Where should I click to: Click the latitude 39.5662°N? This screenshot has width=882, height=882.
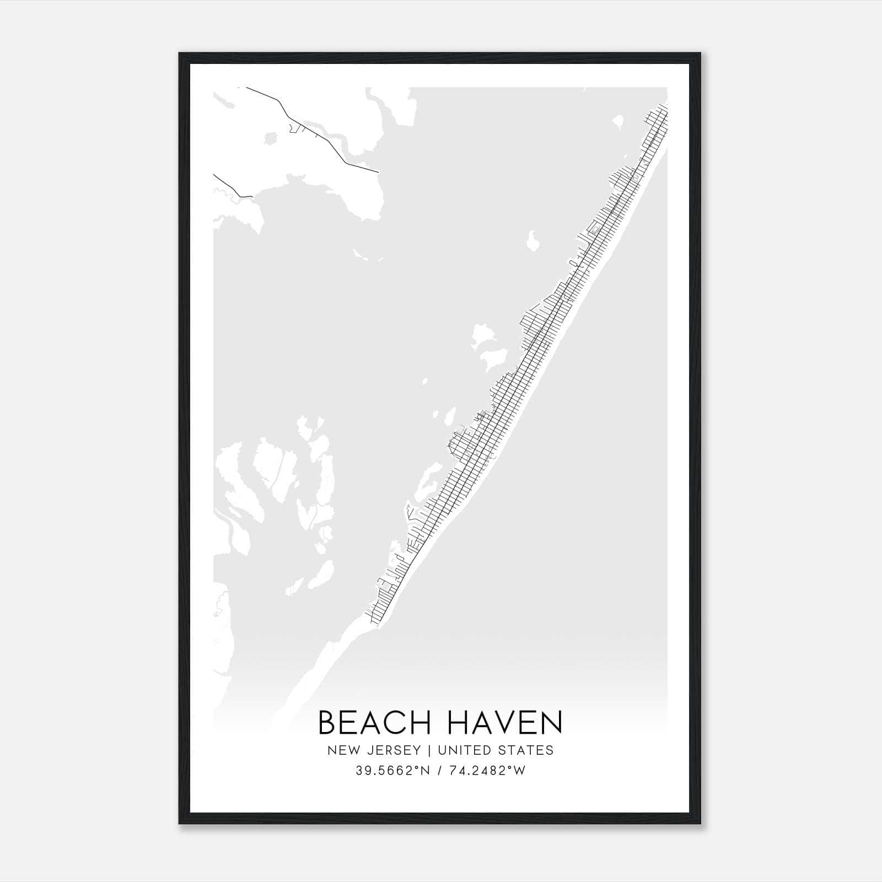tap(392, 771)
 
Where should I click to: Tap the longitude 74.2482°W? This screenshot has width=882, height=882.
tap(487, 771)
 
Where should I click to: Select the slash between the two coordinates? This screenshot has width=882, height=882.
tap(439, 771)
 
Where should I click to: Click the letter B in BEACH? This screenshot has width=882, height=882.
tap(327, 723)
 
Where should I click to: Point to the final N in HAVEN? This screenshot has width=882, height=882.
tap(552, 723)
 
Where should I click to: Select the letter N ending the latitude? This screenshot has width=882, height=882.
tap(424, 771)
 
